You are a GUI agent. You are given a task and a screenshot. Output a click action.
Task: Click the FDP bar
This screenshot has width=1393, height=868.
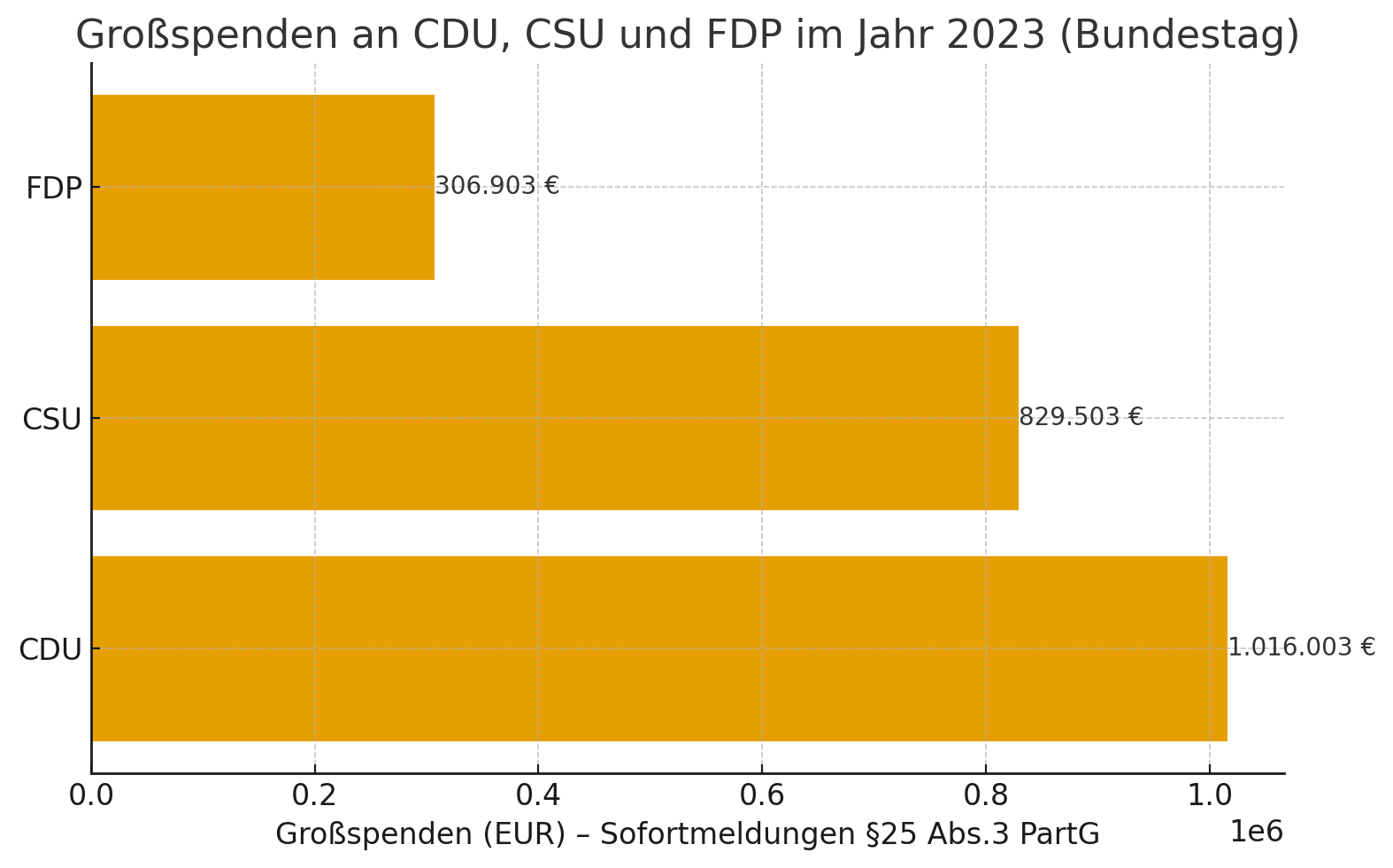263,187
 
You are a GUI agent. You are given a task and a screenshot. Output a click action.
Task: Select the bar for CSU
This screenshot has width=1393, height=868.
555,418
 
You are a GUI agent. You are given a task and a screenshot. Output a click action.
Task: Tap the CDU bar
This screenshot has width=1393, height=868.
659,648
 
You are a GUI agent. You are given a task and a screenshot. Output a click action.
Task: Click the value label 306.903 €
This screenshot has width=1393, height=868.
497,186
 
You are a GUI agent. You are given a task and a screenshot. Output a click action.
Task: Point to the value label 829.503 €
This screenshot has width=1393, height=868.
1081,417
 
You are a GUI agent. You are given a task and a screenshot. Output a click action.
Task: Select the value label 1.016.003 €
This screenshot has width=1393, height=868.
1301,647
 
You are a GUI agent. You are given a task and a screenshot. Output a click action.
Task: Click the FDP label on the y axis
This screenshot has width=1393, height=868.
54,189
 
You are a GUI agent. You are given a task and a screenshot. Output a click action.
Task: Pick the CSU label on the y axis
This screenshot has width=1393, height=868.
52,420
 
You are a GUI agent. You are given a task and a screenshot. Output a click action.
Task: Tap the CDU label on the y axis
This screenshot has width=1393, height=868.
50,650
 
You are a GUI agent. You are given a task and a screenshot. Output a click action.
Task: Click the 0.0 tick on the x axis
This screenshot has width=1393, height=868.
91,795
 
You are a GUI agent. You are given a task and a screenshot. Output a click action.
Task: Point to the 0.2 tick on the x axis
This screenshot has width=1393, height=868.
315,795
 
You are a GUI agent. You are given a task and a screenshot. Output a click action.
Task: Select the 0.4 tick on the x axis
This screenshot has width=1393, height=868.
538,795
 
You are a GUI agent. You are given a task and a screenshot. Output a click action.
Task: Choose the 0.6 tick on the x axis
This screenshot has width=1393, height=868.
762,795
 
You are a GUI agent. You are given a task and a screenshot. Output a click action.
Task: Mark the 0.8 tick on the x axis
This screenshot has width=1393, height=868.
986,795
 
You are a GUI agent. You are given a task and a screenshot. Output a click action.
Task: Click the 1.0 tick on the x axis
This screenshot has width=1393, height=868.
1209,795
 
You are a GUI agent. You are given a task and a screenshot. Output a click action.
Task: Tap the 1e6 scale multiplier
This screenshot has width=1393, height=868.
1256,833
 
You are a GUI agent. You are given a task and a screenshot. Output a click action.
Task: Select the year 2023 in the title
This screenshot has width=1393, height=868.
996,35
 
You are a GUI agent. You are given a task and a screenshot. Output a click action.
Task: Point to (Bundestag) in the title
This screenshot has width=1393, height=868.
1179,35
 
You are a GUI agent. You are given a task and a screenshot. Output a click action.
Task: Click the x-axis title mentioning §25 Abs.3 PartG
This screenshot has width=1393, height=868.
688,834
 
